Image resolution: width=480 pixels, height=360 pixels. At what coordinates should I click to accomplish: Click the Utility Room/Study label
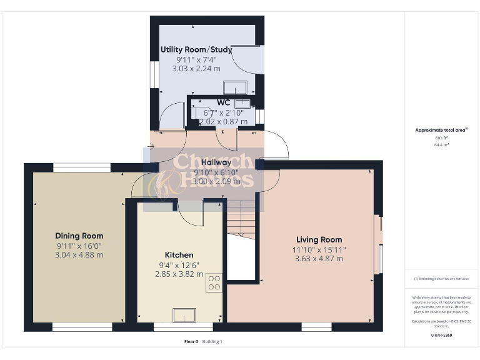click(x=196, y=49)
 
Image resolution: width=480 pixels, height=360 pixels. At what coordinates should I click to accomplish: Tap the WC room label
click(x=223, y=102)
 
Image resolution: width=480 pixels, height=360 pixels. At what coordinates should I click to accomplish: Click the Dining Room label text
click(x=79, y=236)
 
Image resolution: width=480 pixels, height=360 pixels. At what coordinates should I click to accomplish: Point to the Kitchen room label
click(x=179, y=255)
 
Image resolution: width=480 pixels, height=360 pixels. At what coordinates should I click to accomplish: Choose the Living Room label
click(x=319, y=239)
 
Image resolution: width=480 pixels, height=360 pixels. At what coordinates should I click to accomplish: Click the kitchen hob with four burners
click(x=214, y=283)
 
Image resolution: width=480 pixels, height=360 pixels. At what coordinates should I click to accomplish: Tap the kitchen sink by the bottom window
click(x=186, y=315)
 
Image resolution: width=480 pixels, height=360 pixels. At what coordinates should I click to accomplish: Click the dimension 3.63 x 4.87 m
click(x=319, y=259)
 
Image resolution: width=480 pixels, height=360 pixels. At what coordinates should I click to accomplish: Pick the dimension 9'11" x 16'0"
click(x=79, y=245)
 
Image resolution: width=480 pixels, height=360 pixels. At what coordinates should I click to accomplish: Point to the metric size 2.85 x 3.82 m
click(x=179, y=274)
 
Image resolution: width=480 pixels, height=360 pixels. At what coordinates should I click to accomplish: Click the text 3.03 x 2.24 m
click(x=196, y=69)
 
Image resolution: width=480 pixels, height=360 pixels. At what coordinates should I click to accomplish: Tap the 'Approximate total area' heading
click(x=441, y=130)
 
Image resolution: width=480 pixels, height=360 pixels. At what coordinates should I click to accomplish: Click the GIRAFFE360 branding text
click(x=442, y=336)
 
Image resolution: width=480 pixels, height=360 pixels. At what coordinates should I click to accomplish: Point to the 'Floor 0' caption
click(x=191, y=342)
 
